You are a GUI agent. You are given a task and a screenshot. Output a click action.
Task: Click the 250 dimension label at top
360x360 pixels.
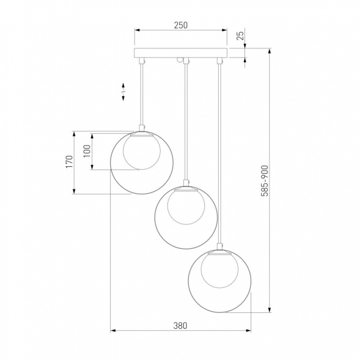pyautogui.click(x=181, y=25)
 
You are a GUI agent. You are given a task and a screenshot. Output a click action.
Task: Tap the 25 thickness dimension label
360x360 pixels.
pyautogui.click(x=240, y=35)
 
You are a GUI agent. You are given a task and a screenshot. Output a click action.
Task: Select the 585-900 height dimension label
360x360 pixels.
pyautogui.click(x=265, y=181)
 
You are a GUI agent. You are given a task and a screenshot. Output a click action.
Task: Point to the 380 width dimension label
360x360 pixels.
pyautogui.click(x=180, y=326)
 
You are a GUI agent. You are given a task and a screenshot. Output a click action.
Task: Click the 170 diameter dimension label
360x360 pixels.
pyautogui.click(x=69, y=161)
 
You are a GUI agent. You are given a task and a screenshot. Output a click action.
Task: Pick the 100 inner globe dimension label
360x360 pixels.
pyautogui.click(x=87, y=151)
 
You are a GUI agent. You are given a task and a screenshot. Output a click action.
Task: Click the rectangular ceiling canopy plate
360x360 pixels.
pyautogui.click(x=181, y=53)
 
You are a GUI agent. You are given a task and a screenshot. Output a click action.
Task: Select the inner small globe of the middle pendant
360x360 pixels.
pyautogui.click(x=186, y=207)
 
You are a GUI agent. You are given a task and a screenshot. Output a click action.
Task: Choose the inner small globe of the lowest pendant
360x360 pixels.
pyautogui.click(x=219, y=270)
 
